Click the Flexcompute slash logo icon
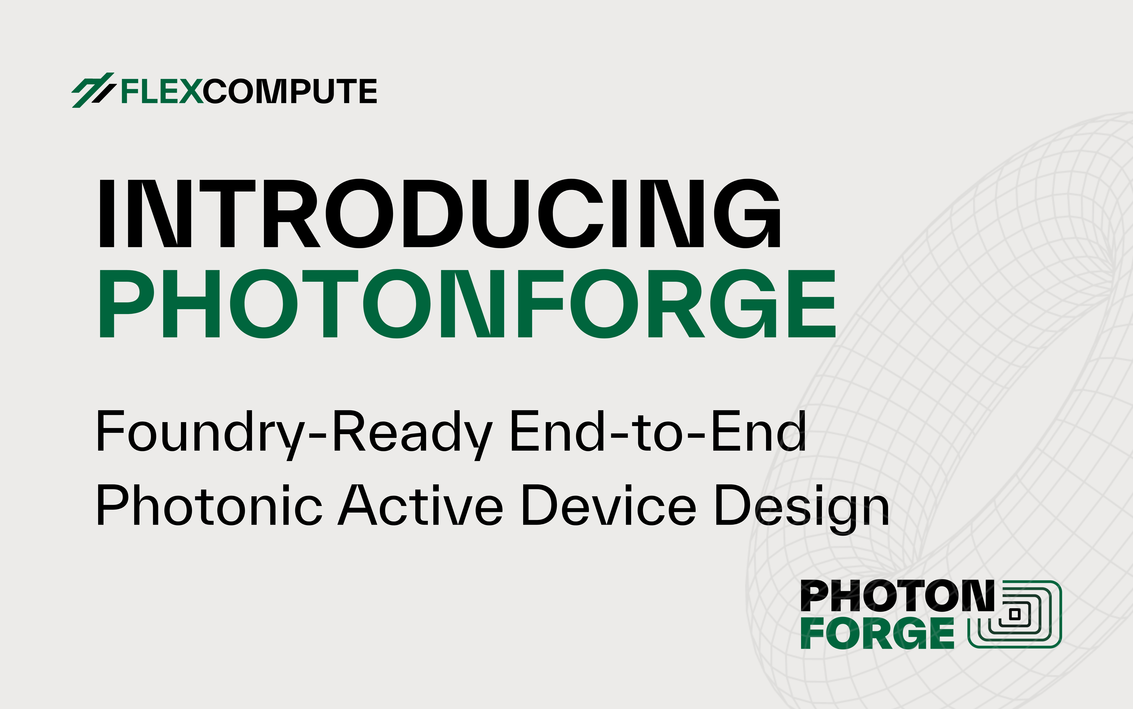click(x=93, y=90)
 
